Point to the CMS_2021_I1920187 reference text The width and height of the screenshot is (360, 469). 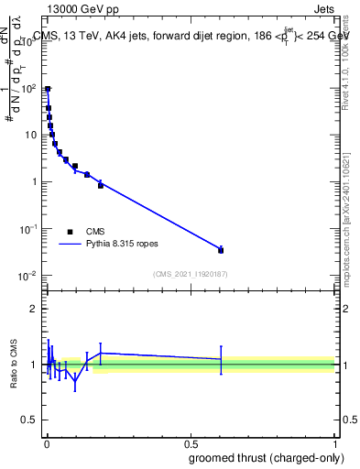(x=190, y=273)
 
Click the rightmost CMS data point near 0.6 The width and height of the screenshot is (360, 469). (x=221, y=250)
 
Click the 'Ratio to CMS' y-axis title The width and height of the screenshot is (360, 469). (x=15, y=365)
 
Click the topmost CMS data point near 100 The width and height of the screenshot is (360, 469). (x=48, y=90)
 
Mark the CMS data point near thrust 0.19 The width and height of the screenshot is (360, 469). (x=101, y=185)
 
